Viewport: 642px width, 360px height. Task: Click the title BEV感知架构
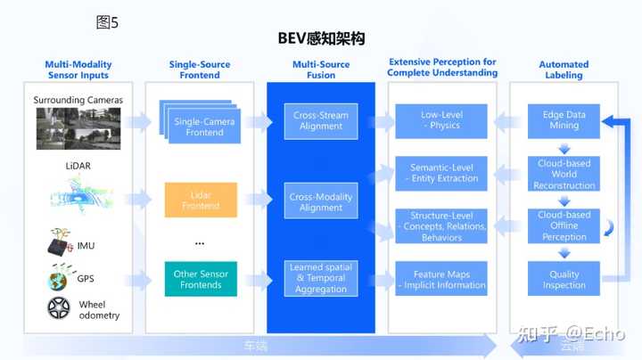321,39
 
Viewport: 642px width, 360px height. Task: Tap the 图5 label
106,23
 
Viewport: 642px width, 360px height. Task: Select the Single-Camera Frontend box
201,126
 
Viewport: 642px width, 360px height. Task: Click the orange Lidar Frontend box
201,200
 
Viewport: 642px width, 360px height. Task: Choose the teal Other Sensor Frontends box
201,279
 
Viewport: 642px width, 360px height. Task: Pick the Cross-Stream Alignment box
321,120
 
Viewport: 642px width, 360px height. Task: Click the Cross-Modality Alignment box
321,202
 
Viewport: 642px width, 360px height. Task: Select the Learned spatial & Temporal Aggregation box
321,279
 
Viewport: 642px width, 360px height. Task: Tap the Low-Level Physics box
442,120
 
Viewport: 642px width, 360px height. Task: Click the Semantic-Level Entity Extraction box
442,173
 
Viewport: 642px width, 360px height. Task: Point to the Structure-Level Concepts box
442,226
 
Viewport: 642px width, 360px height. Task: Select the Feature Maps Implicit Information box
442,280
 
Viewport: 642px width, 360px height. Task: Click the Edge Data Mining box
564,121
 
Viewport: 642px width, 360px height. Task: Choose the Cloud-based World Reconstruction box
564,174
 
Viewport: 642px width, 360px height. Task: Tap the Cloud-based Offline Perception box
564,226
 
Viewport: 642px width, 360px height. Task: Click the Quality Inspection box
564,280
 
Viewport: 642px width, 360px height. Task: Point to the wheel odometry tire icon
60,309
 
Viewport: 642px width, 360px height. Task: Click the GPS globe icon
59,280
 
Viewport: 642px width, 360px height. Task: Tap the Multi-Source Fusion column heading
321,70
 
